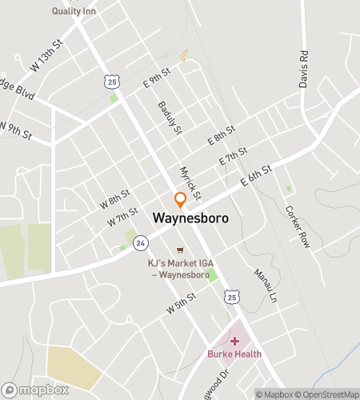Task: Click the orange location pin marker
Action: tap(181, 199)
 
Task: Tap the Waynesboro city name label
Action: tap(190, 218)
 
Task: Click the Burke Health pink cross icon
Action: tap(234, 341)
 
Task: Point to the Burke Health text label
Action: tap(234, 354)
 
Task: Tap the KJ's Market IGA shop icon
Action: tap(179, 249)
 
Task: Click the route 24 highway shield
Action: tap(140, 241)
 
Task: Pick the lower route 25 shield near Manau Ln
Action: tap(231, 297)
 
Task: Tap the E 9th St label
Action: tap(158, 78)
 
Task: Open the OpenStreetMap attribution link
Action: tap(326, 394)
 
